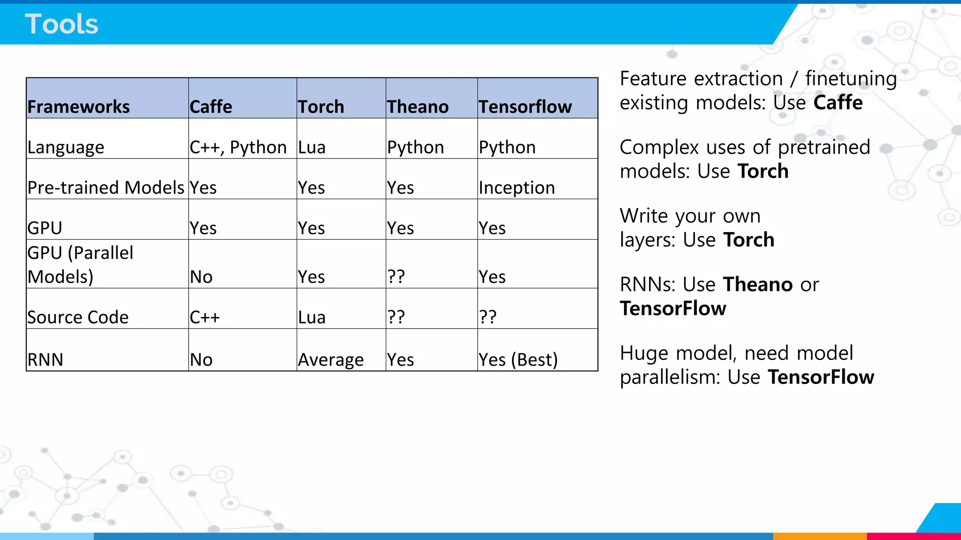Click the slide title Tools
(x=61, y=24)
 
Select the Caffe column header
(x=211, y=107)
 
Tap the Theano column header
(x=418, y=107)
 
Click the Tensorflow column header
(x=525, y=107)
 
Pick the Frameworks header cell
(x=78, y=107)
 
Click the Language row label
(x=66, y=148)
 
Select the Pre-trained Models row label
(x=106, y=187)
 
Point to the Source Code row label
(x=78, y=317)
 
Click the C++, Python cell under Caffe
(x=238, y=148)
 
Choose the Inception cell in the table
(x=517, y=188)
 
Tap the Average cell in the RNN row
(x=331, y=360)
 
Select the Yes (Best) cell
(x=518, y=360)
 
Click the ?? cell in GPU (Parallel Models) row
(x=396, y=277)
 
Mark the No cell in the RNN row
(x=201, y=360)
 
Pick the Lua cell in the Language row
(x=312, y=148)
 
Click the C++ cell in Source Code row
(x=205, y=317)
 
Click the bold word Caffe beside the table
(x=838, y=103)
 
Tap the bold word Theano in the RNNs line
(x=758, y=285)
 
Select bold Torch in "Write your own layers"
(x=748, y=240)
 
